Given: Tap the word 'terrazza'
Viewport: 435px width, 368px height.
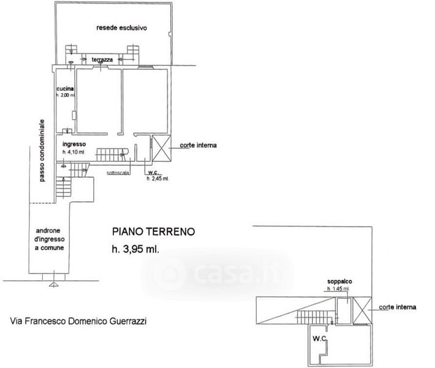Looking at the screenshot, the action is click(102, 59).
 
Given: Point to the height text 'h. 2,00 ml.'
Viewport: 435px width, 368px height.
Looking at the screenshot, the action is click(65, 96).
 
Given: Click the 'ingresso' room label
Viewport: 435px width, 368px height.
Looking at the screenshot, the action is click(73, 144).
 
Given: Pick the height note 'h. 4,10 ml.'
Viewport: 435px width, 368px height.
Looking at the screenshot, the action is click(74, 151).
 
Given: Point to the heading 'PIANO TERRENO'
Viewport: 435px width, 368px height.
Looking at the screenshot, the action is click(153, 231).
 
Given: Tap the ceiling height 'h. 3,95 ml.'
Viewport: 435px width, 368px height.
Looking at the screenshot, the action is click(140, 249).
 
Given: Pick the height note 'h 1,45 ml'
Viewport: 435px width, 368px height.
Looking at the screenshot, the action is click(338, 288).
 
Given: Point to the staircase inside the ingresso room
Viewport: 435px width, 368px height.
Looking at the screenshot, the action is click(111, 153).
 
